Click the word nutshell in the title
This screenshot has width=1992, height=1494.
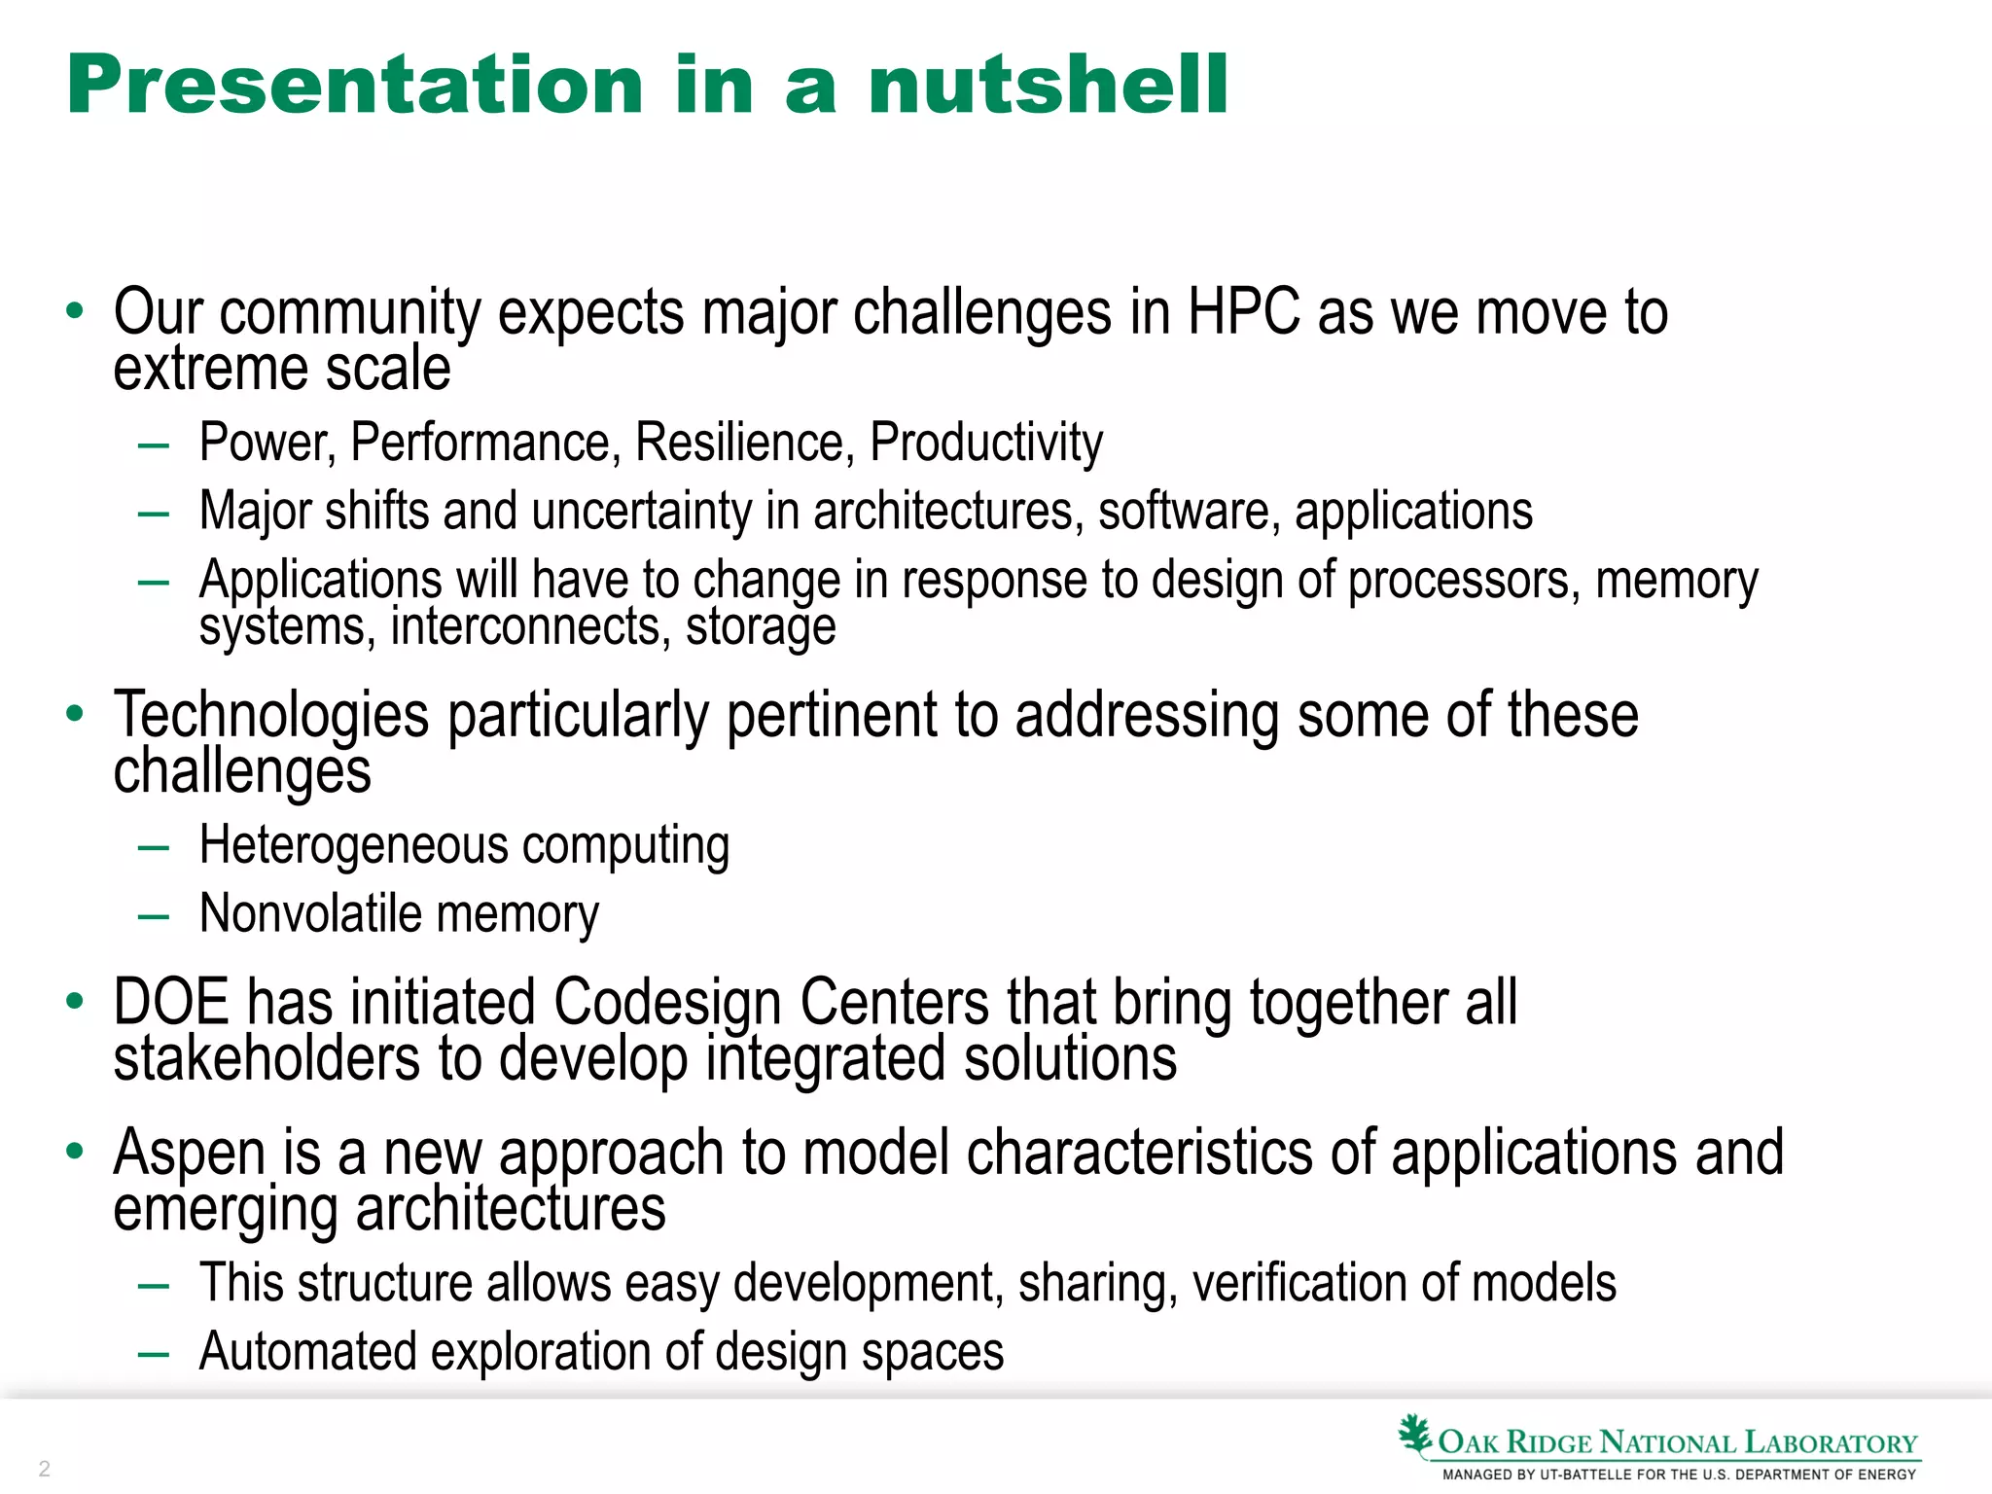tap(1048, 86)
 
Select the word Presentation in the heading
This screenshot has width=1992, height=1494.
tap(355, 86)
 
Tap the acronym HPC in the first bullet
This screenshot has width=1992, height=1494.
tap(1243, 313)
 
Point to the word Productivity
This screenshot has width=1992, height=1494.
tap(985, 444)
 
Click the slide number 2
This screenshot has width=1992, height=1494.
tap(44, 1468)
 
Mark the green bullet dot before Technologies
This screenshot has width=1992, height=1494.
tap(75, 715)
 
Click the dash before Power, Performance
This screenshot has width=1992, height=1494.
tap(154, 446)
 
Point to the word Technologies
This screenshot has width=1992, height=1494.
tap(270, 716)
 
